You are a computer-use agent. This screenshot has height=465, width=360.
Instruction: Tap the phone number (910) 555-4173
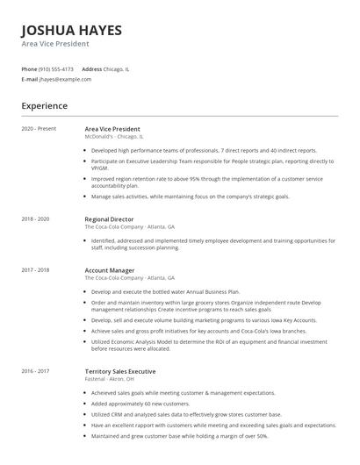coord(57,69)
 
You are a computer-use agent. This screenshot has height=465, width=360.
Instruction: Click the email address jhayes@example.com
coord(65,79)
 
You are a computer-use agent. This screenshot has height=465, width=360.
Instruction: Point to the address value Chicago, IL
coord(118,69)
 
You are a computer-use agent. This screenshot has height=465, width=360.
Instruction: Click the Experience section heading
coord(45,106)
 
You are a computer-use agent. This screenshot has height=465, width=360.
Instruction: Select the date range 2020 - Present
coord(39,129)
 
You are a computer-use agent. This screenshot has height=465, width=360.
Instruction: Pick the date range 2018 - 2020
coord(35,218)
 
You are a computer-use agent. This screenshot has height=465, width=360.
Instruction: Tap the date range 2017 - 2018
coord(35,270)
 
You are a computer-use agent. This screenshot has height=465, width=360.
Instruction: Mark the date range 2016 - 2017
coord(35,372)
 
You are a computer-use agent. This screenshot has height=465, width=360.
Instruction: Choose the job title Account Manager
coord(111,270)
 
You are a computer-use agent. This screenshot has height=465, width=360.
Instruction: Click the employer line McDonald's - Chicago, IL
coord(114,137)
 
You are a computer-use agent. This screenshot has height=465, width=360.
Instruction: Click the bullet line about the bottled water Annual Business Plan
coord(164,290)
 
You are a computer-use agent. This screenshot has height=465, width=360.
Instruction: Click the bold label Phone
coord(29,69)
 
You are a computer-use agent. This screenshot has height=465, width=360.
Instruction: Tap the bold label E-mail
coord(30,79)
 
